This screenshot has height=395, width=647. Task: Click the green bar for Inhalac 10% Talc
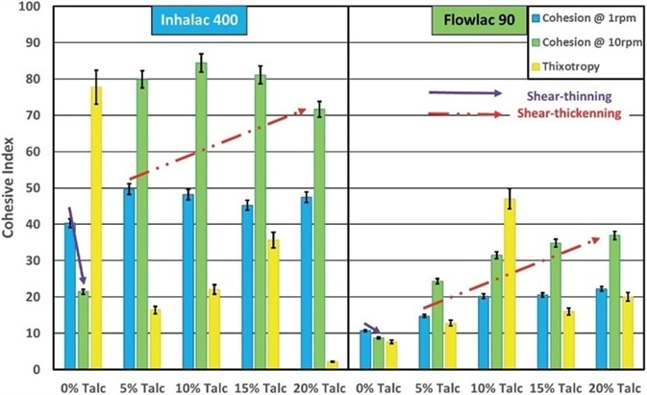(202, 216)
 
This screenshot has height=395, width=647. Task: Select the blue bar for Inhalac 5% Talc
(128, 279)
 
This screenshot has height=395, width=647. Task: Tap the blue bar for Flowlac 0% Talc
(364, 350)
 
